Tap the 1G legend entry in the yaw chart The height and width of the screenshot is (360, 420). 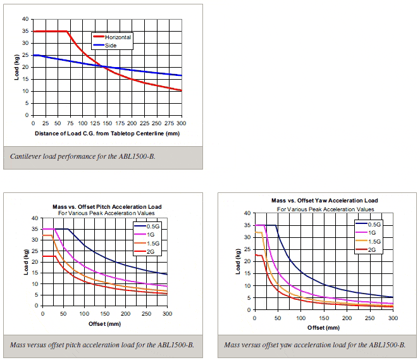point(373,233)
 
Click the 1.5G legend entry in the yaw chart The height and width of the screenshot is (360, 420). point(374,242)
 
